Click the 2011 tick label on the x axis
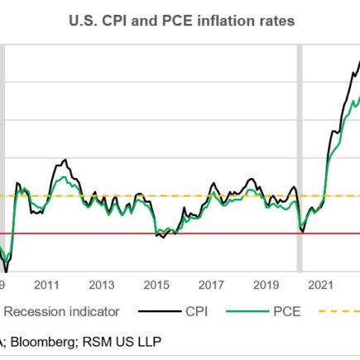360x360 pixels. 46,285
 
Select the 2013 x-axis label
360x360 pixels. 101,285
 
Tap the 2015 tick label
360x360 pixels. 156,285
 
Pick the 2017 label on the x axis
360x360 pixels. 212,285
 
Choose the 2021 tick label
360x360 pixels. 322,285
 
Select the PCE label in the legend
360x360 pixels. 287,312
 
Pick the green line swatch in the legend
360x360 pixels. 248,312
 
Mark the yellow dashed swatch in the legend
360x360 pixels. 339,312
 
